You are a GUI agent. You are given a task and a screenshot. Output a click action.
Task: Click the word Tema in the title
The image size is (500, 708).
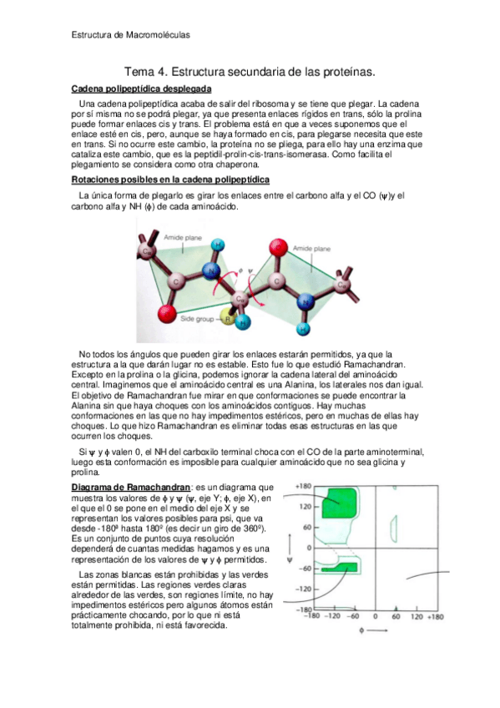[139, 72]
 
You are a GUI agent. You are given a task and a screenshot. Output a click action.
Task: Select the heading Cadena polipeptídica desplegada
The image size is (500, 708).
[142, 88]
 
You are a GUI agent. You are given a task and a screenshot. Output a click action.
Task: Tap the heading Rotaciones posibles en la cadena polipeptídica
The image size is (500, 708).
[170, 180]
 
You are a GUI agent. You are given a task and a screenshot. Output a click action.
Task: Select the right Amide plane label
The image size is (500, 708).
[311, 248]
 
